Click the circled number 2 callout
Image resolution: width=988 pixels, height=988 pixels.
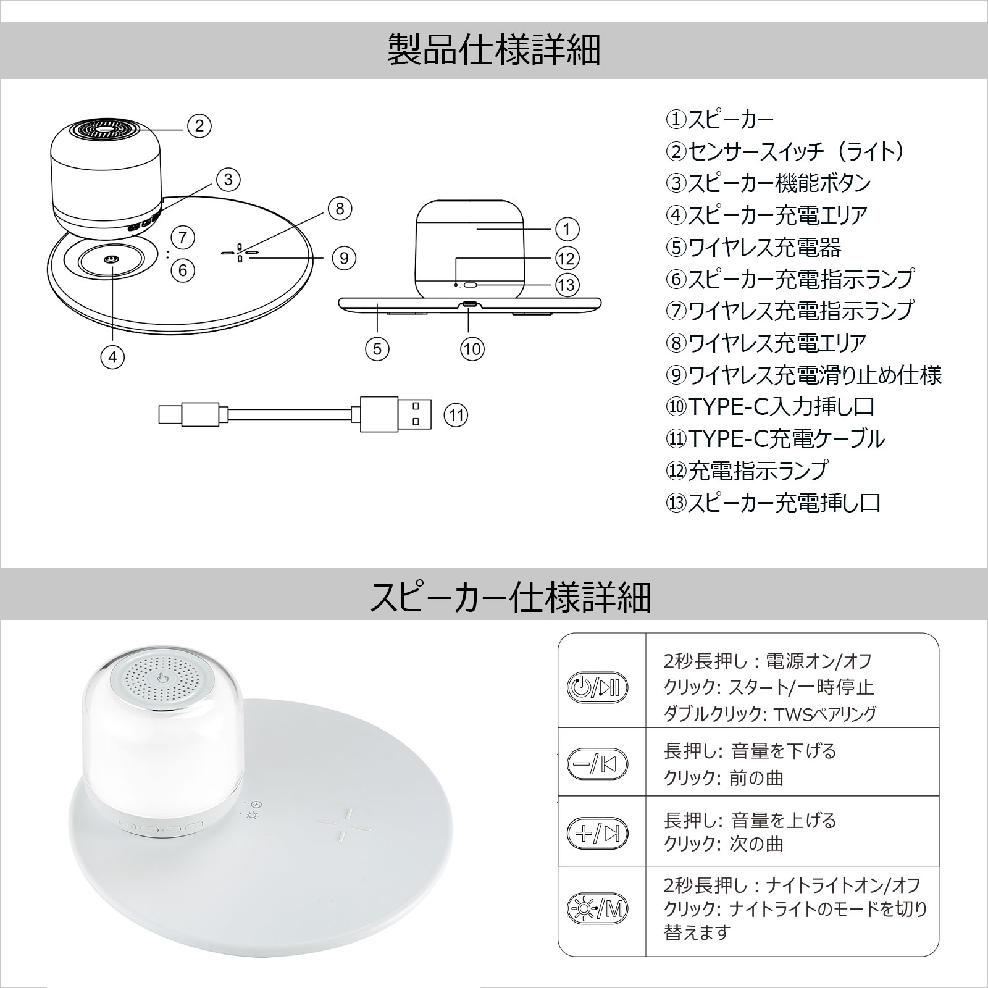[199, 126]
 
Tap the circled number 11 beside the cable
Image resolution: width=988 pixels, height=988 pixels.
[456, 415]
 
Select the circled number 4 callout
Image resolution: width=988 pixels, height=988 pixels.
[113, 356]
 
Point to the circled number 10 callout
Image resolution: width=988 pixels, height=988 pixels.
[472, 349]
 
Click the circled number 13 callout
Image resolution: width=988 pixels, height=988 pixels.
[567, 285]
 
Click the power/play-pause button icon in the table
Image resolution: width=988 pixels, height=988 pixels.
[597, 687]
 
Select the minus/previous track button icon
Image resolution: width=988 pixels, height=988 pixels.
[597, 764]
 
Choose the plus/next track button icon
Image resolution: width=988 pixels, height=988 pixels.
[597, 834]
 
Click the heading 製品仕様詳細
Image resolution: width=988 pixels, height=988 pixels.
[493, 51]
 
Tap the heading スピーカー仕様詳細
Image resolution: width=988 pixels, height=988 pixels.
[510, 596]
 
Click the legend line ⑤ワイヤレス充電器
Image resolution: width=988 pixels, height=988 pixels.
[753, 248]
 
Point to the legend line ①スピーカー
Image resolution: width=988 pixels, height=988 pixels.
[719, 119]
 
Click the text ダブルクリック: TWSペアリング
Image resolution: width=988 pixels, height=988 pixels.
[770, 714]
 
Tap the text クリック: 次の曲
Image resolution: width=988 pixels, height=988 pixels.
[724, 844]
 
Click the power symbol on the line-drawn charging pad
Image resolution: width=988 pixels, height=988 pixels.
[111, 260]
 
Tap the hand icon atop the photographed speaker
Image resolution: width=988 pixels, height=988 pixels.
[163, 679]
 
